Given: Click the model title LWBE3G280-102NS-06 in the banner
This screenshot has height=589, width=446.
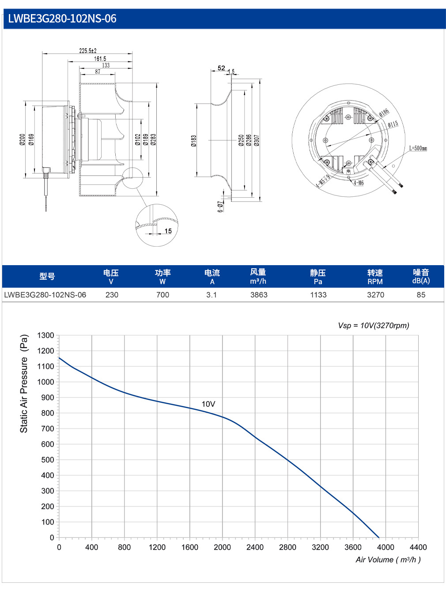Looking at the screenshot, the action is (62, 19).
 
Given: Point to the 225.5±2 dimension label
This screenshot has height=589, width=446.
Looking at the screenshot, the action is (88, 50).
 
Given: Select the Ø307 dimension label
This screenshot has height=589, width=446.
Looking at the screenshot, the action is (257, 140).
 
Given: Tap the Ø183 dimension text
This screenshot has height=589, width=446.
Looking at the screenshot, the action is (193, 141).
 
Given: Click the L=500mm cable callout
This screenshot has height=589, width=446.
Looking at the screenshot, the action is (418, 148).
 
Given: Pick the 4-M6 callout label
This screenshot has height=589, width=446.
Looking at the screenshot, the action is (359, 183).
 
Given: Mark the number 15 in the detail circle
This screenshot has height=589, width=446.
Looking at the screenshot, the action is (168, 231).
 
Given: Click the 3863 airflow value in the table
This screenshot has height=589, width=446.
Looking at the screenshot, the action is (259, 295).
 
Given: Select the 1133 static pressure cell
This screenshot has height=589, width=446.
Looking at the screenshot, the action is (318, 295).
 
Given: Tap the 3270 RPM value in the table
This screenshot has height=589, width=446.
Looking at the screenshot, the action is (376, 295).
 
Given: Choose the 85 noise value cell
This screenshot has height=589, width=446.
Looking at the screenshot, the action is (421, 295).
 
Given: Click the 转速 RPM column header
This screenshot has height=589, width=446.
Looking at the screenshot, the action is (375, 277).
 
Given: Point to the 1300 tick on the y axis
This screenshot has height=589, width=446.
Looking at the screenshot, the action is (45, 335).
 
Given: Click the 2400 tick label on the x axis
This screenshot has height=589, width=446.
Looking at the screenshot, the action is (255, 547).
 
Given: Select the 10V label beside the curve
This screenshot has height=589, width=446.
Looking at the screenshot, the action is (208, 404).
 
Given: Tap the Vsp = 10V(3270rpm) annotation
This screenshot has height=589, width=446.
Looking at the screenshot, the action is (374, 326).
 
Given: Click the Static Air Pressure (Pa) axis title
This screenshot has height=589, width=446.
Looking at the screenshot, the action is (24, 383).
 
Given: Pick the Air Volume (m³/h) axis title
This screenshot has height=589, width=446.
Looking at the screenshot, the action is (388, 560).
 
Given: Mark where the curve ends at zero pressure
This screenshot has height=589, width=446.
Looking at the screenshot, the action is (379, 537).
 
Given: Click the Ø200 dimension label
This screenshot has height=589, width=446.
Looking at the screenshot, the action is (22, 140).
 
